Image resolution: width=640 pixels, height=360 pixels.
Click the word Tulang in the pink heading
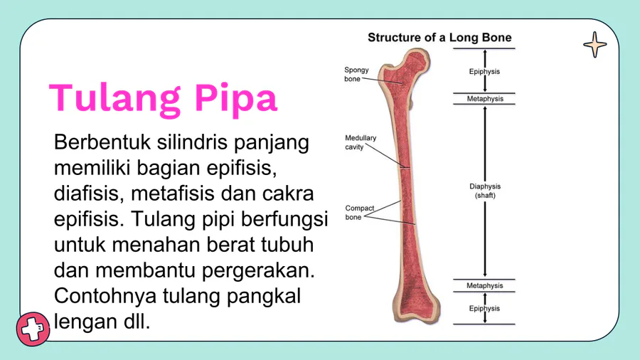click(x=114, y=98)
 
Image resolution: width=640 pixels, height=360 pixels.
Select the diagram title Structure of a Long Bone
click(x=439, y=38)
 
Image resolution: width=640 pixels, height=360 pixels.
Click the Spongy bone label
click(x=356, y=74)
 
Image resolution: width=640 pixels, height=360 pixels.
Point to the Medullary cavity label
click(x=361, y=142)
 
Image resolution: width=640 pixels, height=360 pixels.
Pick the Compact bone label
click(x=360, y=213)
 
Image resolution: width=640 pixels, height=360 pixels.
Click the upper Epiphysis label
click(x=484, y=71)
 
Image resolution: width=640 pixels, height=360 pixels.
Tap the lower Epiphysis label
click(x=484, y=309)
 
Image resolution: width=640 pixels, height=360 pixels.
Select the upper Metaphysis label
click(x=485, y=99)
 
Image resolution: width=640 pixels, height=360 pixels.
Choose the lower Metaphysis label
click(x=485, y=286)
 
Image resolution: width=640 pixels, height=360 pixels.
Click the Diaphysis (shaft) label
click(x=485, y=191)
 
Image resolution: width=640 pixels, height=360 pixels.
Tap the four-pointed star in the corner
click(x=594, y=45)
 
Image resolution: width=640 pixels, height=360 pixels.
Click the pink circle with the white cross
click(x=33, y=329)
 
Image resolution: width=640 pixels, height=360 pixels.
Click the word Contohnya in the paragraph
click(x=105, y=296)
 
